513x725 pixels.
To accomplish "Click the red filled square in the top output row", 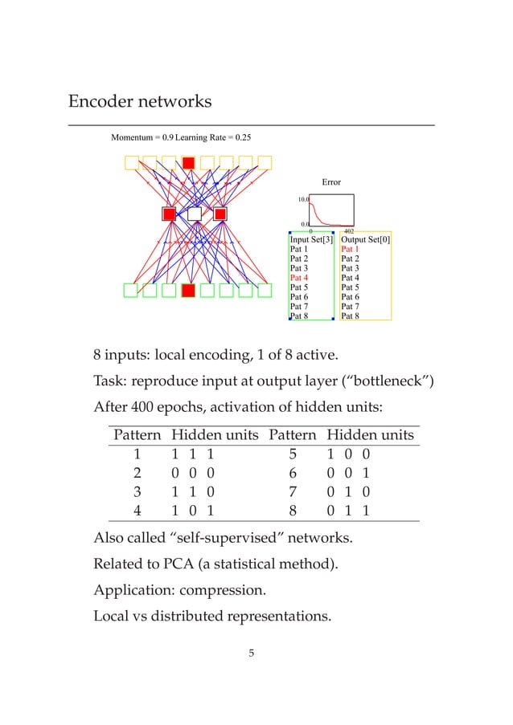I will point(188,163).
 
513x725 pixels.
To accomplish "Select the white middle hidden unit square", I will point(194,214).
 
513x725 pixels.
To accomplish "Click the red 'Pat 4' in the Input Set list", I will point(298,278).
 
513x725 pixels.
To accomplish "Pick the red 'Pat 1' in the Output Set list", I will point(350,249).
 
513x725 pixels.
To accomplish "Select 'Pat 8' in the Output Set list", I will point(350,316).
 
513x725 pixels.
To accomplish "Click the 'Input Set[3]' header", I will point(310,239).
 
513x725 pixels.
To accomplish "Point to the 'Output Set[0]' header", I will point(366,239).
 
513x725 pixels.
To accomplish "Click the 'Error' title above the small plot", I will point(331,182).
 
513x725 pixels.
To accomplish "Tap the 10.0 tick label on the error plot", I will point(304,198).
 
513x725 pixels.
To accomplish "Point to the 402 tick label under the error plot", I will point(349,230).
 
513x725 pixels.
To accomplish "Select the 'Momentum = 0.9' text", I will point(141,137).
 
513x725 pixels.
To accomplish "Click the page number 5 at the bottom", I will point(251,652).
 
